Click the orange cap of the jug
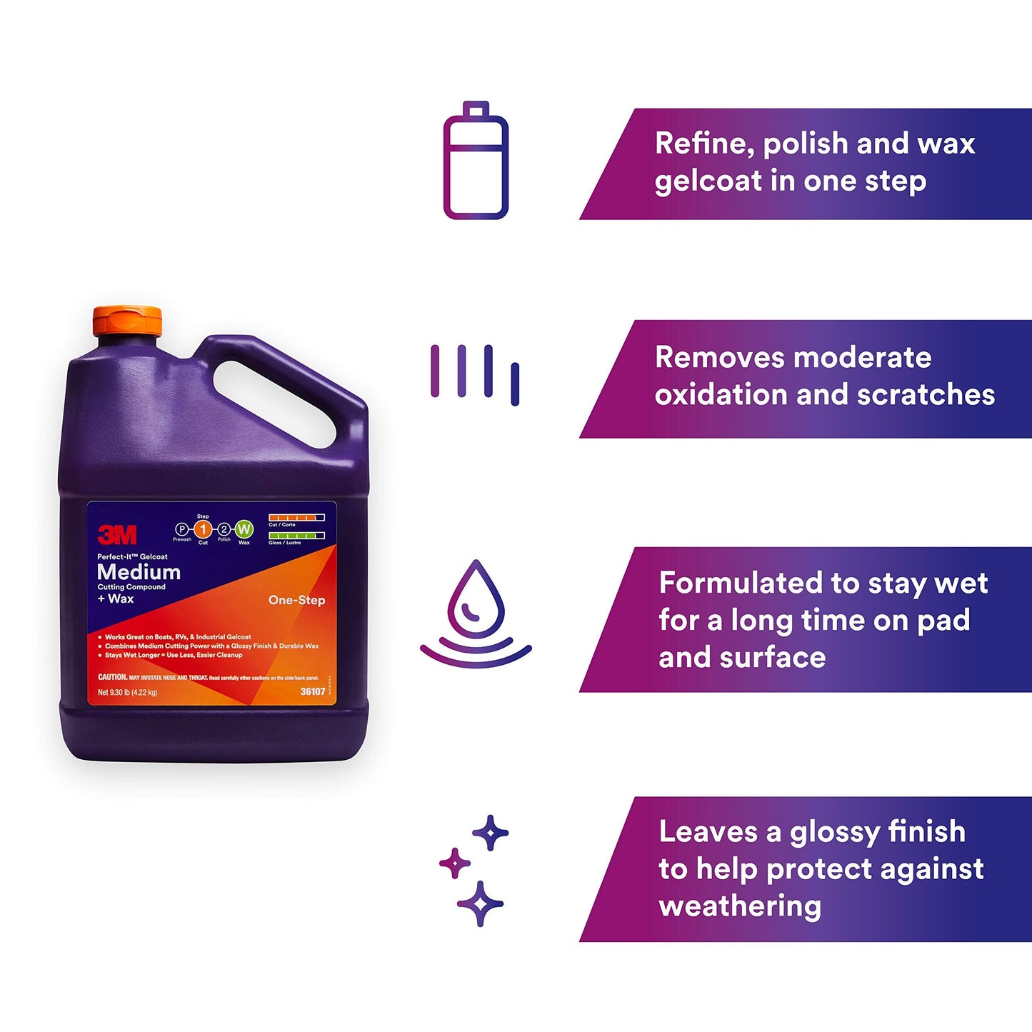pyautogui.click(x=128, y=323)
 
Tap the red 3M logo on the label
pyautogui.click(x=117, y=533)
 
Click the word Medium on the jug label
pyautogui.click(x=139, y=572)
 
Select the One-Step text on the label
pyautogui.click(x=296, y=600)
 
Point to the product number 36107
pyautogui.click(x=313, y=691)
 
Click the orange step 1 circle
pyautogui.click(x=203, y=529)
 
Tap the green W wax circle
pyautogui.click(x=244, y=529)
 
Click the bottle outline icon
pyautogui.click(x=476, y=161)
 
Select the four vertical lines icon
pyautogui.click(x=475, y=373)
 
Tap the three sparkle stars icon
pyautogui.click(x=474, y=870)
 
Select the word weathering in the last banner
pyautogui.click(x=740, y=906)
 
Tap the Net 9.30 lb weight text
pyautogui.click(x=127, y=692)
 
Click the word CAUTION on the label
pyautogui.click(x=112, y=676)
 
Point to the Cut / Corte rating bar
pyautogui.click(x=296, y=517)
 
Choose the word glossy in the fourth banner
pyautogui.click(x=834, y=832)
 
